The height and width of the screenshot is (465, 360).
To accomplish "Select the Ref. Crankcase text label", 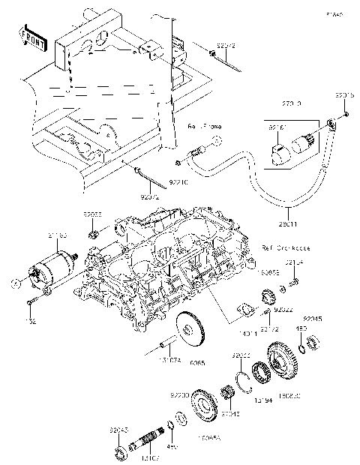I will (277, 247).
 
